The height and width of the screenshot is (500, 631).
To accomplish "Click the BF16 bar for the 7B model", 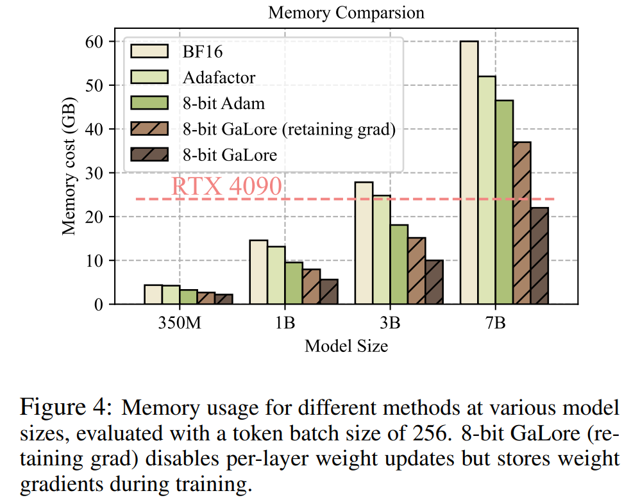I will click(469, 173).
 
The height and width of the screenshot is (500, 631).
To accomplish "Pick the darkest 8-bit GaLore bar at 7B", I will click(539, 256).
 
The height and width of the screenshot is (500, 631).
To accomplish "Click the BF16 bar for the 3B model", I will click(364, 244).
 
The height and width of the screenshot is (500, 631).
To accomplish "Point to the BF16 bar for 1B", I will click(258, 272).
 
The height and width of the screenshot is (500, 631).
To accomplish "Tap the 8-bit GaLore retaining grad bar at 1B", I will click(311, 287).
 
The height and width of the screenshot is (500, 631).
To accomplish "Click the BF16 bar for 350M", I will click(153, 295).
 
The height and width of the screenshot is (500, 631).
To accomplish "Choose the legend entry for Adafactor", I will click(219, 78).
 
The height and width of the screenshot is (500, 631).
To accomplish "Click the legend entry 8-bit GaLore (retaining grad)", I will click(288, 129).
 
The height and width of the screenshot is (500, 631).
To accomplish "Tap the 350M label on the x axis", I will click(180, 323).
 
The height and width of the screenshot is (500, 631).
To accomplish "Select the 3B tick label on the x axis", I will click(390, 323).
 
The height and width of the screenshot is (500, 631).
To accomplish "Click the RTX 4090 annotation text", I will click(226, 186).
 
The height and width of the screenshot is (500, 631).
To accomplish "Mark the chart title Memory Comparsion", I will click(346, 12).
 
